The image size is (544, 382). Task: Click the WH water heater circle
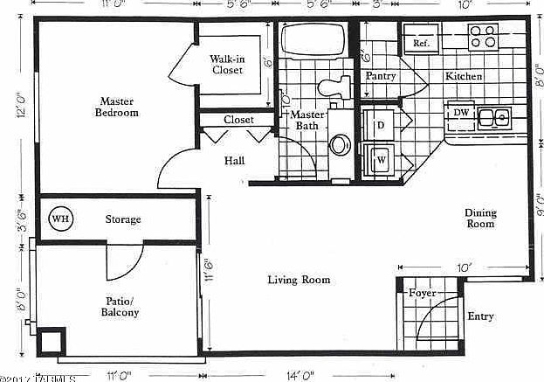[x=60, y=219]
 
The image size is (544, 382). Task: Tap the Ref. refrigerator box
[x=420, y=43]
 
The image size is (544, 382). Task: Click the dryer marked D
[x=381, y=126]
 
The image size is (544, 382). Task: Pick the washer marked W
[x=381, y=161]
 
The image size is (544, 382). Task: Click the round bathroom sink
[x=340, y=145]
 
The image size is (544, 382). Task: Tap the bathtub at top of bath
[x=313, y=40]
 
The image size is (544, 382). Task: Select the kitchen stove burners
[x=482, y=36]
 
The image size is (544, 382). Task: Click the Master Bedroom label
[x=117, y=107]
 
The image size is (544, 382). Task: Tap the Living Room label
[x=298, y=280]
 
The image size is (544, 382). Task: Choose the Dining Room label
[x=479, y=218]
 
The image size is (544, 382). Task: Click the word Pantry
[x=381, y=76]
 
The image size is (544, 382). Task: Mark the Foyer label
[x=422, y=293]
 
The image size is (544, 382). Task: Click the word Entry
[x=480, y=316]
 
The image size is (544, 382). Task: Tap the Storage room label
[x=123, y=219]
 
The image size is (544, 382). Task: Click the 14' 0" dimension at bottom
[x=299, y=375]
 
